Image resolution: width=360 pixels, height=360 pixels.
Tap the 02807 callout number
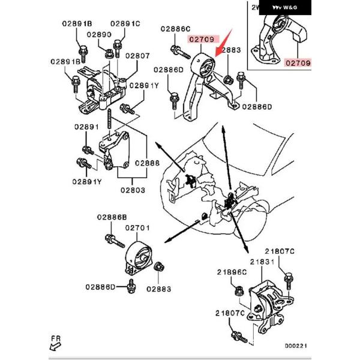click(x=137, y=56)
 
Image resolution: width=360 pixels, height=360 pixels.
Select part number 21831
click(x=262, y=262)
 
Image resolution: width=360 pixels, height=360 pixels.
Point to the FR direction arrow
click(x=57, y=344)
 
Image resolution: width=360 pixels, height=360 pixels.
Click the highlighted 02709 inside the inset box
click(x=298, y=62)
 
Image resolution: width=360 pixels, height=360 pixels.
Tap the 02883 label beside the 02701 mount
click(x=158, y=289)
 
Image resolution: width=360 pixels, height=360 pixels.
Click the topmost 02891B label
click(x=76, y=24)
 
